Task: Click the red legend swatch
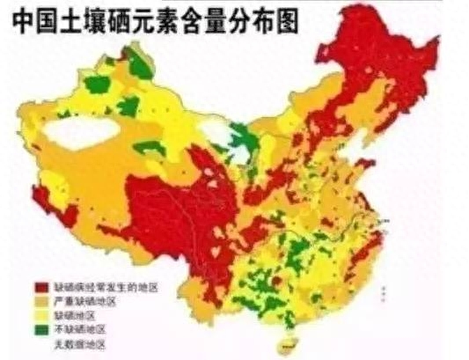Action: [x=40, y=287]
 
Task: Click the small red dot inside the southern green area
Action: [x=275, y=280]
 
